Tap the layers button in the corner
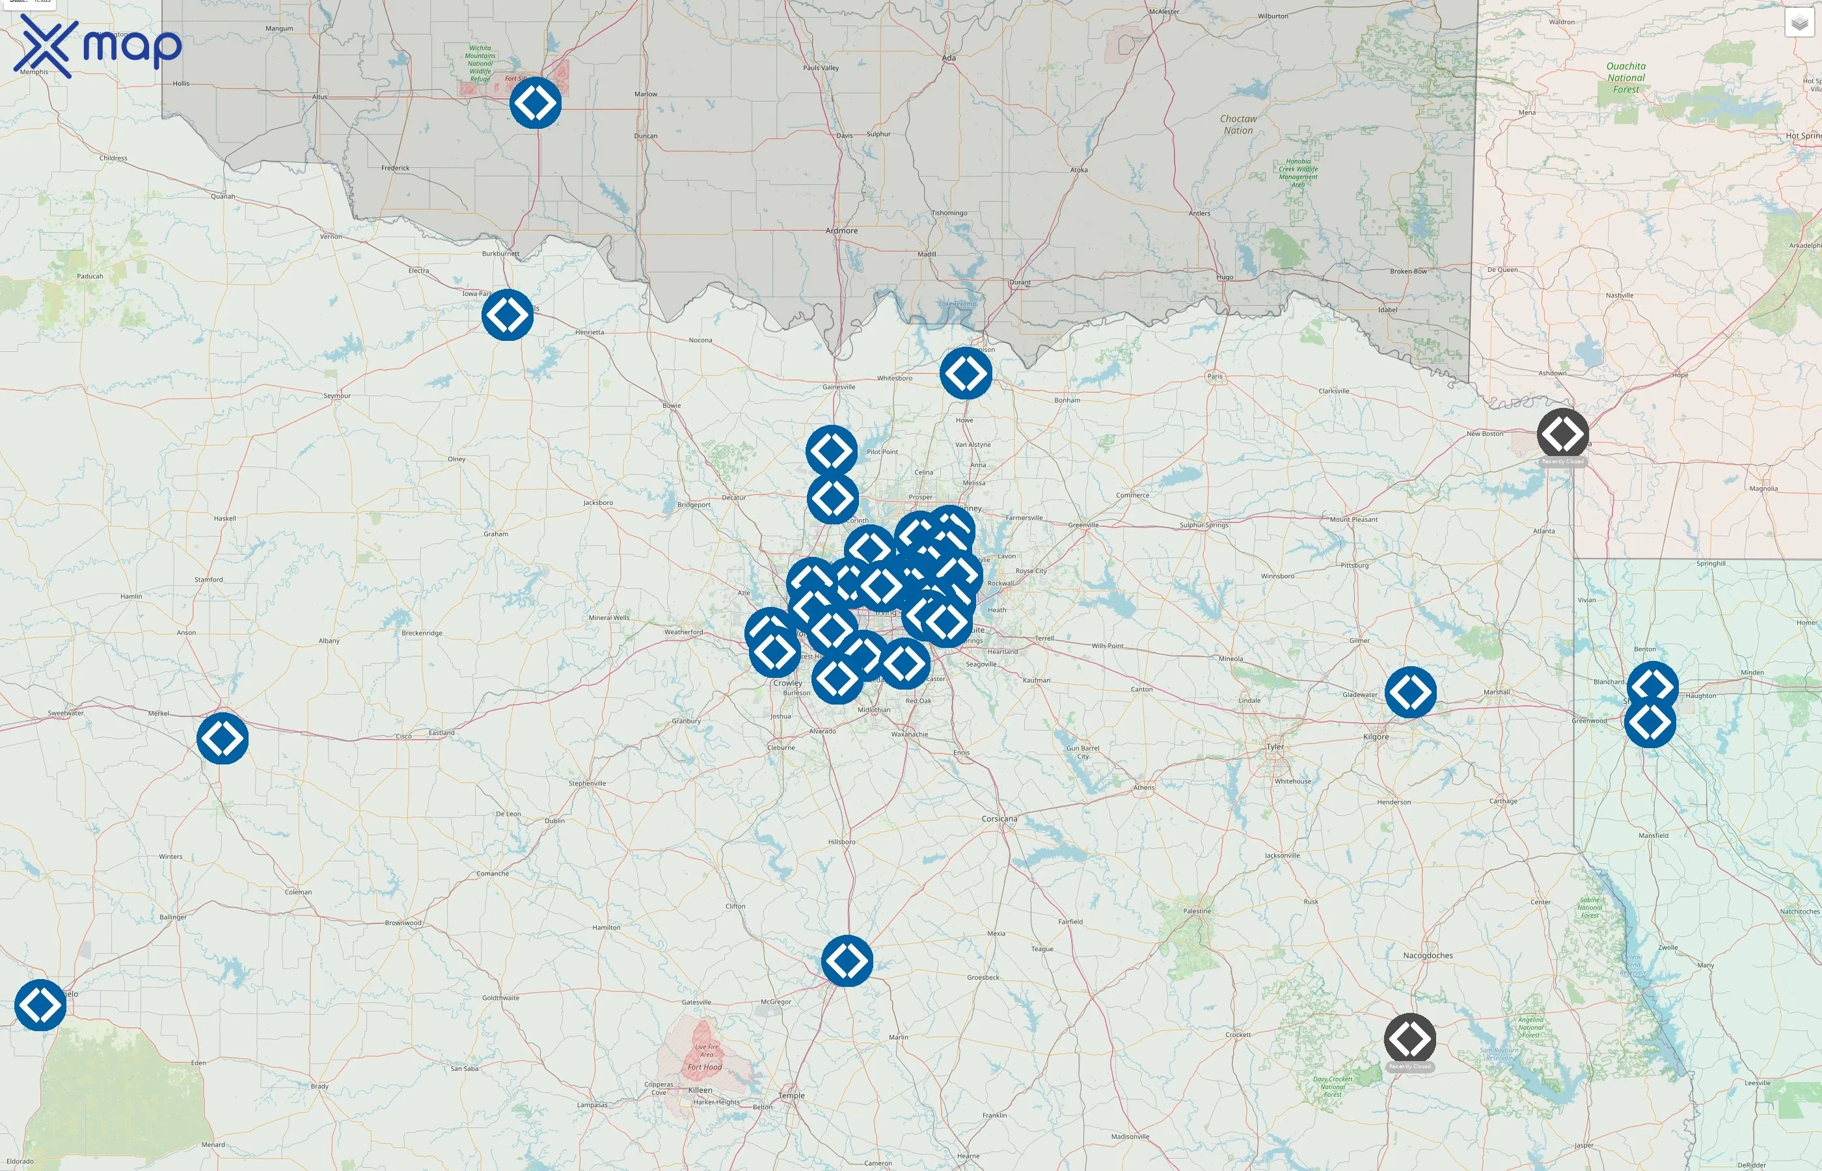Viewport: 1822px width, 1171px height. [1799, 23]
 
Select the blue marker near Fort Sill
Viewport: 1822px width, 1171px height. [536, 103]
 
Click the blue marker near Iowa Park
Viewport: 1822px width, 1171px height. [507, 315]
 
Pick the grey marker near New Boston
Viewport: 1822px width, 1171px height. [1563, 433]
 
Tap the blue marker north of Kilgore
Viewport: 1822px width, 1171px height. [1411, 692]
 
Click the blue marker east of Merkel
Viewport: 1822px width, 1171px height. [222, 738]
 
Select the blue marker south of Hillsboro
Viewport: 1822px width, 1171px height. [847, 961]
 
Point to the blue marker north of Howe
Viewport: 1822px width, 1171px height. [966, 373]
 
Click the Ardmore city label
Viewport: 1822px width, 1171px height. [841, 230]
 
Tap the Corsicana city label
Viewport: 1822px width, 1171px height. [999, 819]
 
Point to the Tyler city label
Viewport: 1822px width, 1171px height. [1275, 747]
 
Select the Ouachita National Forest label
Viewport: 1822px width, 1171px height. [1625, 77]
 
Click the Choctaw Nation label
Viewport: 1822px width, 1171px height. [1238, 125]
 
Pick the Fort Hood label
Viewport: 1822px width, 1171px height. [704, 1067]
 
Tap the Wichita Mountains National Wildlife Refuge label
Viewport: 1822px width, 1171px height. [480, 63]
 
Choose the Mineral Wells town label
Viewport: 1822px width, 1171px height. [609, 617]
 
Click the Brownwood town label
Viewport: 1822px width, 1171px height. [403, 923]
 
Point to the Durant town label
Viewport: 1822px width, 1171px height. [1020, 282]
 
